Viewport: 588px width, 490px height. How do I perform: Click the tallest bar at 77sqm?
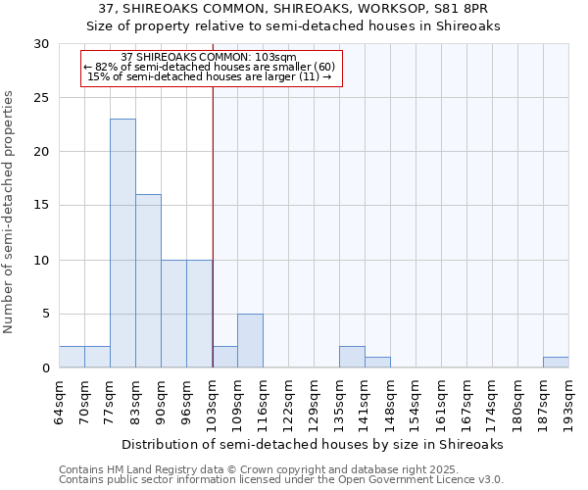pos(122,243)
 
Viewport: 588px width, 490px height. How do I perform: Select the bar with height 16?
pos(148,281)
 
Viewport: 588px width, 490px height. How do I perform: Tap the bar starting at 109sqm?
pos(250,341)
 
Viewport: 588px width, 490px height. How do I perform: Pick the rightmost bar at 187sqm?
pos(556,362)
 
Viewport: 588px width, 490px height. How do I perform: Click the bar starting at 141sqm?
pos(377,363)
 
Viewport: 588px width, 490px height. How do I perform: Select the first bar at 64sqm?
pos(72,357)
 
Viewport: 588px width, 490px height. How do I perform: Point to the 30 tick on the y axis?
pos(43,44)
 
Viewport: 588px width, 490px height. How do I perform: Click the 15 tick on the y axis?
pos(43,206)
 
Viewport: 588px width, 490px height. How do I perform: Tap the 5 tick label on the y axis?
pos(47,315)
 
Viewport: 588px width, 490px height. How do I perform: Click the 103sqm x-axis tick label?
pos(213,399)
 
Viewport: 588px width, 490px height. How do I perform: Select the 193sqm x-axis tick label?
pos(569,399)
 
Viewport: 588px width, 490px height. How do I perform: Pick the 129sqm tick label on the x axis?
pos(315,399)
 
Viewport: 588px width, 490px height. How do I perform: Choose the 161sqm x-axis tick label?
pos(442,399)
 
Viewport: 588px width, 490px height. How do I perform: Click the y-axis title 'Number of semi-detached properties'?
pos(10,212)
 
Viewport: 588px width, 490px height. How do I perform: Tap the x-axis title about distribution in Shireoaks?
pos(313,444)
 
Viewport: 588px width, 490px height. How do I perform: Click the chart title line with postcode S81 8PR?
pos(294,9)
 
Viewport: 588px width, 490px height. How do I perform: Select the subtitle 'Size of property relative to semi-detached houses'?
pos(294,26)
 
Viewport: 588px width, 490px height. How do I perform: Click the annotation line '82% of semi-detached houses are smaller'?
pos(212,67)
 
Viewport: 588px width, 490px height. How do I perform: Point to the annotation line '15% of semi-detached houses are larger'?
pos(212,76)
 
